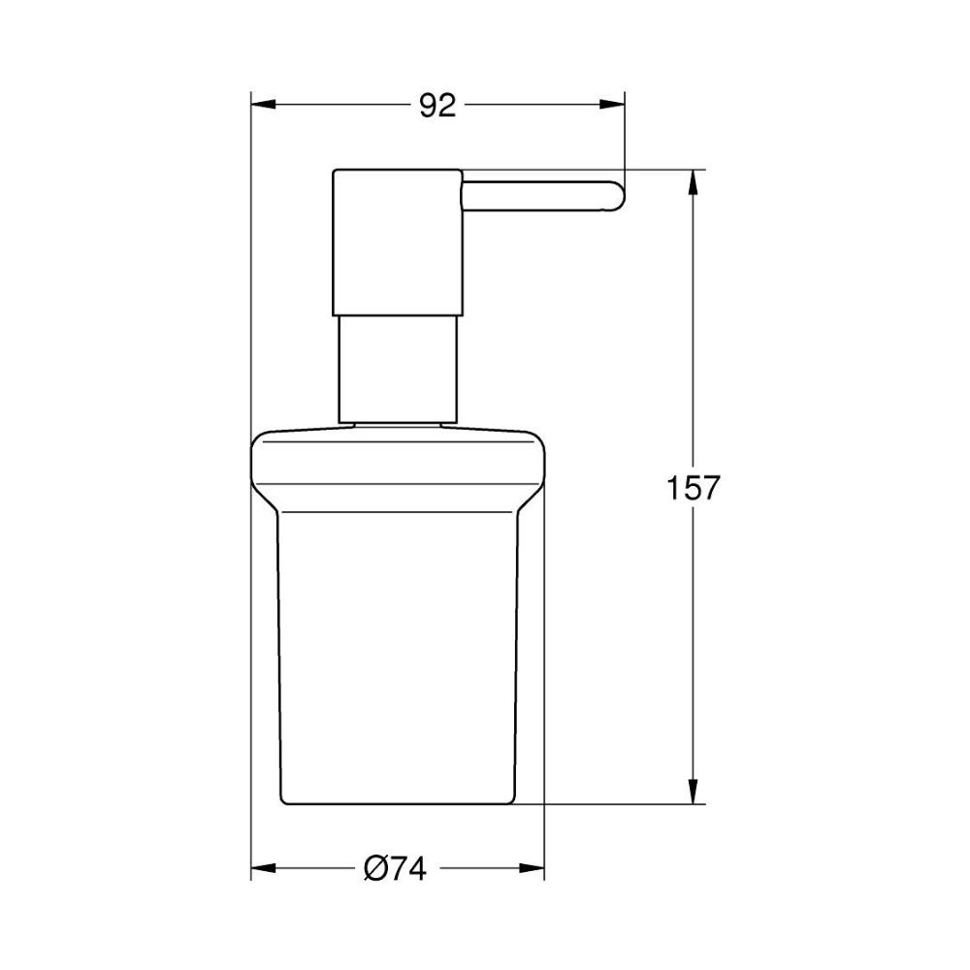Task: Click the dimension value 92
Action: (438, 106)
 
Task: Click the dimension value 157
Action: (693, 488)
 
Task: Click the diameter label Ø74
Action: (395, 868)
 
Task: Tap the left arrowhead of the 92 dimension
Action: (263, 105)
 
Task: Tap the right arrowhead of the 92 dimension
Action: (612, 105)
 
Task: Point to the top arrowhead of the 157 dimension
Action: (694, 181)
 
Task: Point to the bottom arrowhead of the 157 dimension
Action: (694, 792)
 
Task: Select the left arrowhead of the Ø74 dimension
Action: (263, 868)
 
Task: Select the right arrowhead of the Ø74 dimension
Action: (532, 868)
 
